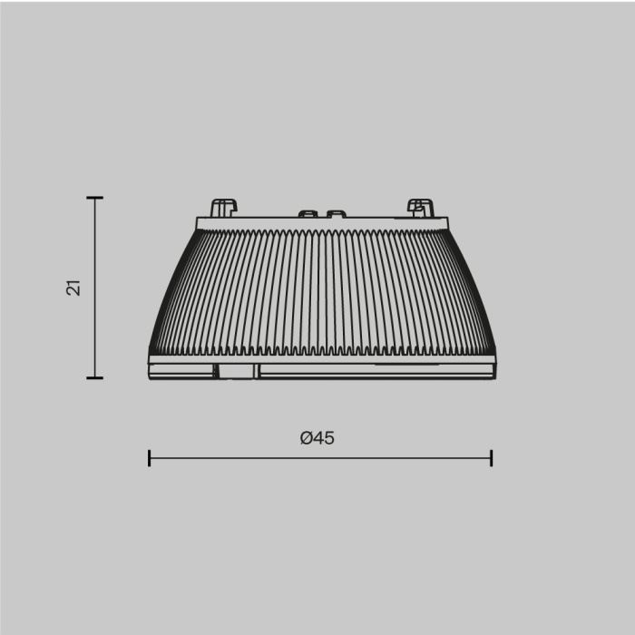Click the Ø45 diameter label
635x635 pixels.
pos(317,437)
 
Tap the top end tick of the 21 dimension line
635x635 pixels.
pos(94,198)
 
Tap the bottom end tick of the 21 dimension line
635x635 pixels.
pos(94,377)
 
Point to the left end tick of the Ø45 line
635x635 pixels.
pos(149,457)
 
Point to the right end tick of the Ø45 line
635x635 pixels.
pos(491,457)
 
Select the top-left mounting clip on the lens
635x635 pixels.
pos(223,207)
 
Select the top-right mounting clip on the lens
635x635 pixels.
pos(420,207)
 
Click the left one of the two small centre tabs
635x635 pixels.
pos(308,214)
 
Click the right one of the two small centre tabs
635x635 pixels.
pos(336,214)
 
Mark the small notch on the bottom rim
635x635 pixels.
pos(235,369)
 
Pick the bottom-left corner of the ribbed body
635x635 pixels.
pos(151,353)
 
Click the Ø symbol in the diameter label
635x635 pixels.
pos(307,437)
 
